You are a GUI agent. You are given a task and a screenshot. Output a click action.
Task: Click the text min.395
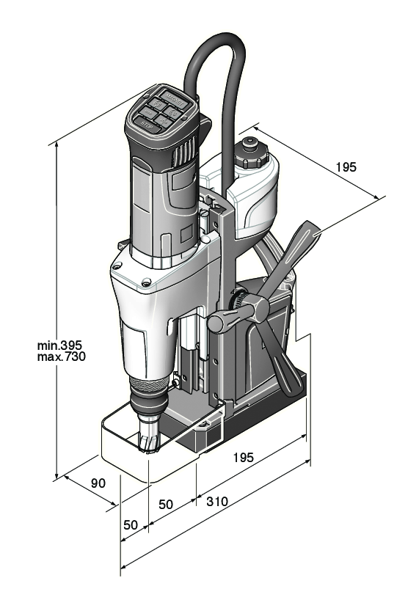click(x=62, y=345)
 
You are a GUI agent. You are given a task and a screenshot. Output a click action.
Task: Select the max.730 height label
click(x=62, y=357)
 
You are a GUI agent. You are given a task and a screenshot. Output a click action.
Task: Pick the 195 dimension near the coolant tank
click(x=346, y=167)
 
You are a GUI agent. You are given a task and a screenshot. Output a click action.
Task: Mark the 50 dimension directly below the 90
click(x=130, y=525)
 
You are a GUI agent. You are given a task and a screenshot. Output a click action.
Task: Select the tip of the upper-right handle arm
click(x=313, y=225)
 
